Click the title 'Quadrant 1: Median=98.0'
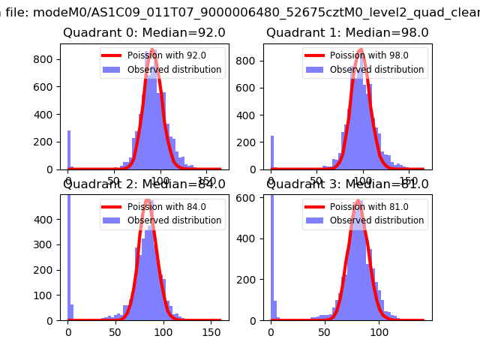coord(347,33)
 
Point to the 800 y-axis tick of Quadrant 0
coord(45,60)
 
